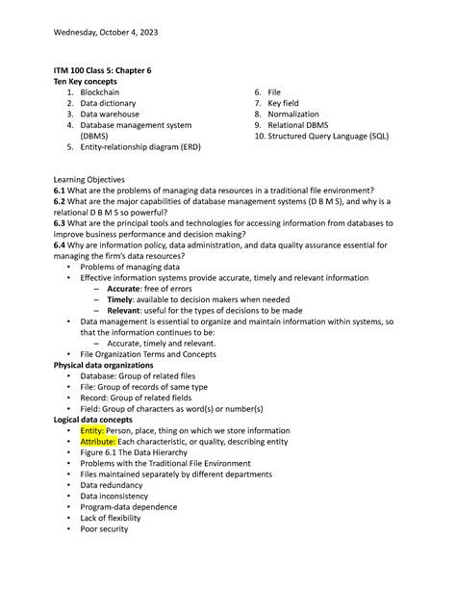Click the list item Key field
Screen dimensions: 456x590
click(x=285, y=103)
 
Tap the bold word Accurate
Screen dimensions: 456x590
click(x=123, y=289)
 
